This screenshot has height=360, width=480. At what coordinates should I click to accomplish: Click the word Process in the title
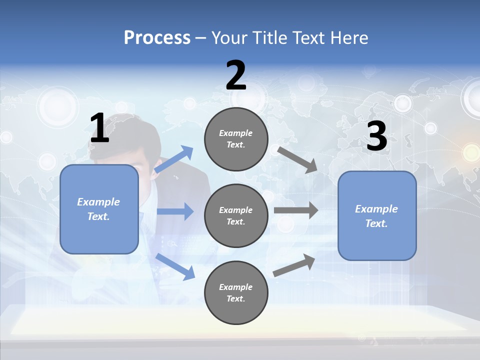click(x=157, y=38)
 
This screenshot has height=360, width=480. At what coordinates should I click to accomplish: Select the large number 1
click(x=99, y=128)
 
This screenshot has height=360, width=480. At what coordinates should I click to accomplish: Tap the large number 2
click(x=236, y=75)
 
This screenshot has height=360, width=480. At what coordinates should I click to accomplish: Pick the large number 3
click(x=376, y=136)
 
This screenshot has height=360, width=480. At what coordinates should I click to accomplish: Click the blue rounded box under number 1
click(x=99, y=209)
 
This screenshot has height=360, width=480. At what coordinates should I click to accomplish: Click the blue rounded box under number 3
click(x=377, y=216)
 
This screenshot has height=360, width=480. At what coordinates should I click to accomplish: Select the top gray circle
click(x=236, y=139)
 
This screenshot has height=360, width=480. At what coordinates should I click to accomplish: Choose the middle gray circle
click(x=236, y=216)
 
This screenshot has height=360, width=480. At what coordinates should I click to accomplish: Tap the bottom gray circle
click(x=236, y=293)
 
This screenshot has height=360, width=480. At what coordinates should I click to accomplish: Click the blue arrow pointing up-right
click(x=174, y=159)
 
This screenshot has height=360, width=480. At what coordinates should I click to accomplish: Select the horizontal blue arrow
click(x=175, y=211)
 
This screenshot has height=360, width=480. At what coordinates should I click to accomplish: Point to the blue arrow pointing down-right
click(x=175, y=266)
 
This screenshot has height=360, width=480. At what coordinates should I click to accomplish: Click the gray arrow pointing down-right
click(x=297, y=159)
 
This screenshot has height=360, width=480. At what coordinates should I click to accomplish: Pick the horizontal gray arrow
click(x=296, y=210)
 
